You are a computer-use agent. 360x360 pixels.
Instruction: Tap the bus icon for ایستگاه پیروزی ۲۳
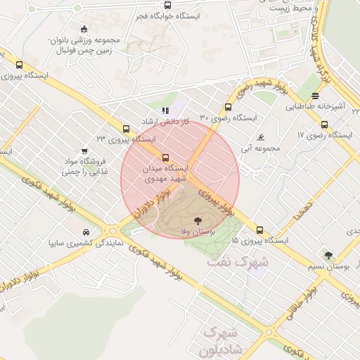pos(126,129)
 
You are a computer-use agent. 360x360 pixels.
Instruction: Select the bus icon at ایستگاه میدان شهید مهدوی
pos(166,157)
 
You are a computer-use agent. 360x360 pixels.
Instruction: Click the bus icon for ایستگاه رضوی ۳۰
pos(227,107)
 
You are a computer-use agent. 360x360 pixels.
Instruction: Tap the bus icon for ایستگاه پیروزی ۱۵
pos(260,230)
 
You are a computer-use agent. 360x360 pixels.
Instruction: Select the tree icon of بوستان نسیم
pos(328,255)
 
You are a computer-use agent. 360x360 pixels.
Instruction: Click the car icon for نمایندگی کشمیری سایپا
pos(86,232)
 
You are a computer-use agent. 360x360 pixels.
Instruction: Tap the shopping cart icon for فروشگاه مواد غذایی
pos(85,150)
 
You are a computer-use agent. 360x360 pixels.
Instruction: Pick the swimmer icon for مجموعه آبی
pos(261,137)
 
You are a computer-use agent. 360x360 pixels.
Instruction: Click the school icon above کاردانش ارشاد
pos(165,110)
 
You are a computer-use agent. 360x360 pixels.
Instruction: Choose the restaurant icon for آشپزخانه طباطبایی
pos(314,96)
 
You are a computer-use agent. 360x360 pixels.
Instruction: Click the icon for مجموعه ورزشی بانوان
pos(84,29)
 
